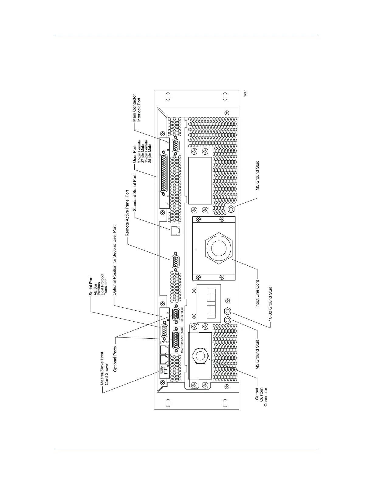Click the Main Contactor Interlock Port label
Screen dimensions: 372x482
(x=137, y=108)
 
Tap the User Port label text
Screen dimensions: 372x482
(x=134, y=154)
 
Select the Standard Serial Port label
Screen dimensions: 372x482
(x=134, y=193)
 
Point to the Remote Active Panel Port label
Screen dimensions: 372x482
(x=127, y=213)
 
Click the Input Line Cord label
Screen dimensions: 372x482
(x=257, y=294)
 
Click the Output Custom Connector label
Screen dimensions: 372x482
(x=261, y=397)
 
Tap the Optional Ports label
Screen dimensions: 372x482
(x=115, y=359)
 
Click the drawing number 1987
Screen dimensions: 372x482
(x=245, y=93)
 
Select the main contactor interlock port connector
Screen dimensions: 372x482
(x=176, y=146)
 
